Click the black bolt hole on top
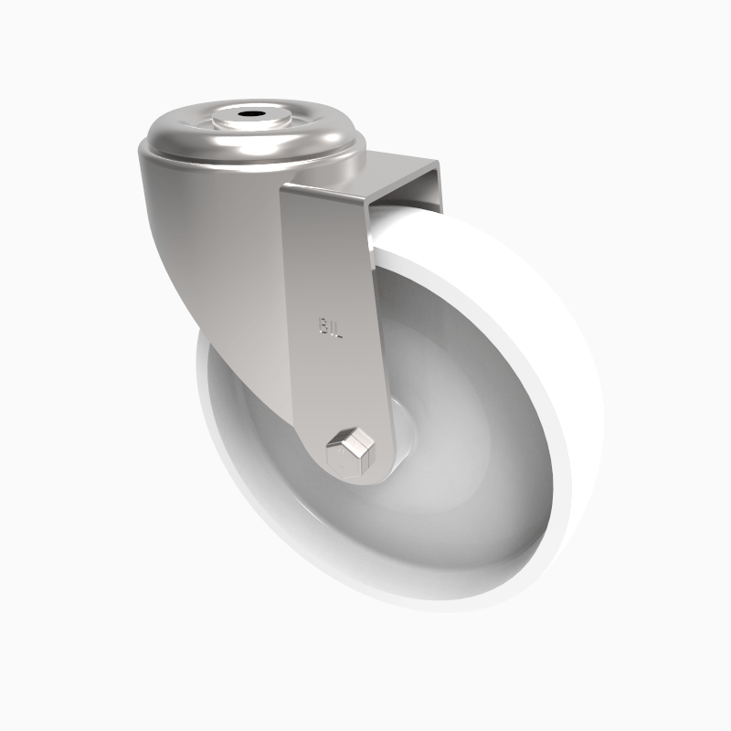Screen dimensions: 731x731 (x=249, y=118)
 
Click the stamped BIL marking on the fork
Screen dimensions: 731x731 (x=330, y=327)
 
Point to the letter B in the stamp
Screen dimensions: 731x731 (x=323, y=326)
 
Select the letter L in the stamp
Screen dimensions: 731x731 (x=337, y=329)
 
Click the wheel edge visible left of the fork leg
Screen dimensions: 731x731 (x=213, y=402)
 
